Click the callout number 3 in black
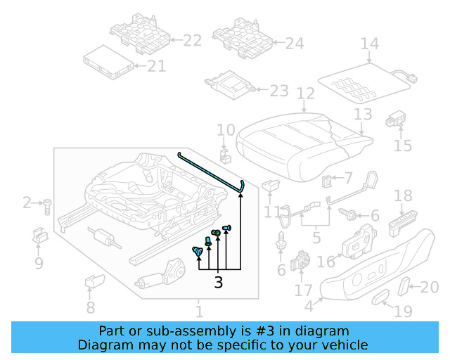pyautogui.click(x=218, y=283)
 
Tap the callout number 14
pyautogui.click(x=369, y=44)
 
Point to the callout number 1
pyautogui.click(x=199, y=310)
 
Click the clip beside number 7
pyautogui.click(x=327, y=182)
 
